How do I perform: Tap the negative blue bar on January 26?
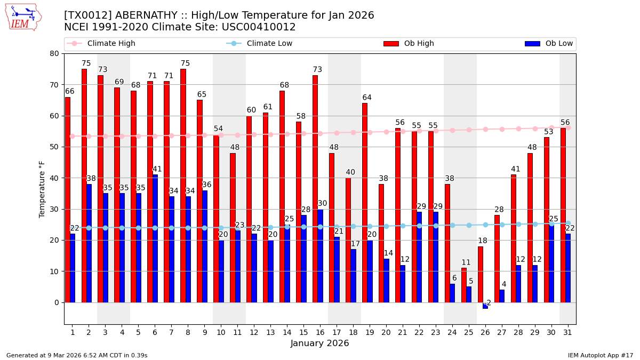pos(485,306)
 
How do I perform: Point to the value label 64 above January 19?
pos(367,98)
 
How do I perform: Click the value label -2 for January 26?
pos(487,303)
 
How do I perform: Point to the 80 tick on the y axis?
pos(54,53)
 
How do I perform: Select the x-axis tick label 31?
pos(567,333)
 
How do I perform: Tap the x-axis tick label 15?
pos(303,333)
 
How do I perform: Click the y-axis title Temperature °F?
pos(42,189)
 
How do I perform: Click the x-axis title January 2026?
pos(320,344)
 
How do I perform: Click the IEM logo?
pos(23,17)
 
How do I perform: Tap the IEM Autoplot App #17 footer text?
pos(600,355)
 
